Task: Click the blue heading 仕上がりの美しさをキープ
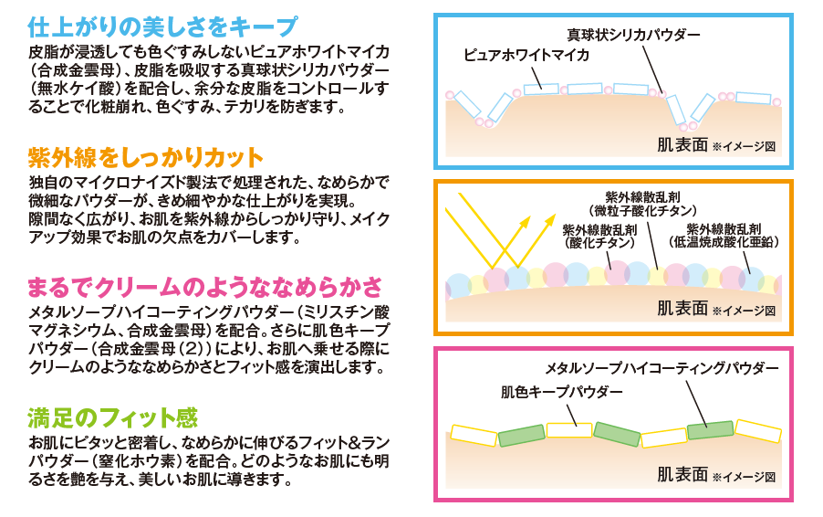click(x=162, y=25)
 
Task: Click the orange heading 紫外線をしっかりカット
click(x=146, y=155)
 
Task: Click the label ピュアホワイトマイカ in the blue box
click(x=526, y=56)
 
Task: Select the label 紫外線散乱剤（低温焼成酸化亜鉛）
click(x=724, y=235)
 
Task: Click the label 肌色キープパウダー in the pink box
click(x=562, y=392)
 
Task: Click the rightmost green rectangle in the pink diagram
click(x=710, y=429)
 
